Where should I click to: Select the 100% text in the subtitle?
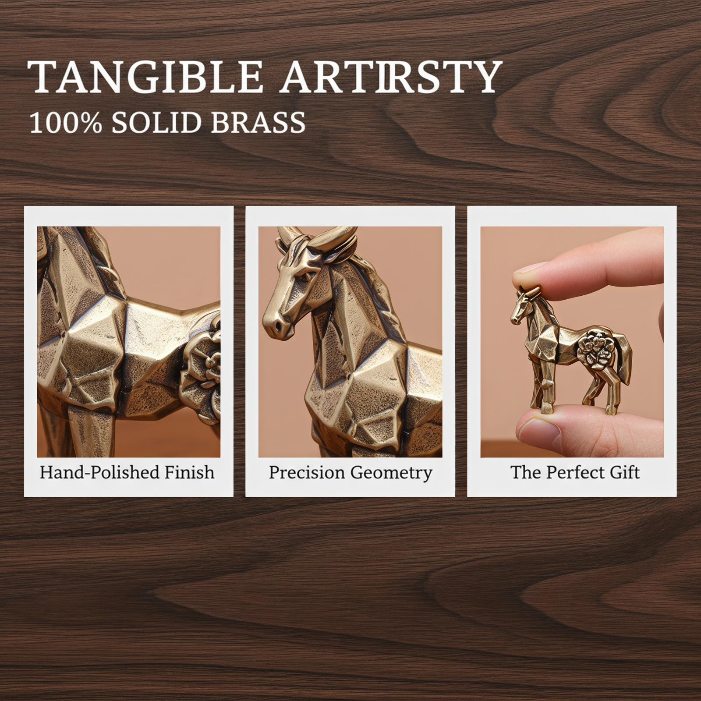(66, 122)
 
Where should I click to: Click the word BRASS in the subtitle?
(258, 122)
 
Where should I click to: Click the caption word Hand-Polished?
(100, 472)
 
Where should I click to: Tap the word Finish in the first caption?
(190, 472)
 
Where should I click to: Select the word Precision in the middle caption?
(307, 472)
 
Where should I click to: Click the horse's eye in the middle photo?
(310, 277)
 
